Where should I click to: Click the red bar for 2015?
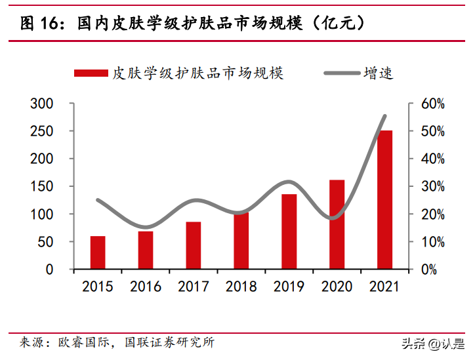pos(98,252)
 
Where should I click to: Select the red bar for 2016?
pos(146,250)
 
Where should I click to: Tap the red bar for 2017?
pos(194,245)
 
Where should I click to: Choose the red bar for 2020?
pos(337,224)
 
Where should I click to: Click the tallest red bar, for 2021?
pos(384,200)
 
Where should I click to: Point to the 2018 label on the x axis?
pos(241,287)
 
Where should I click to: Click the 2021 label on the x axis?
pos(384,287)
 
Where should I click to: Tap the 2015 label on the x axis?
pos(98,287)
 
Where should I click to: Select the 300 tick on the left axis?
pos(41,104)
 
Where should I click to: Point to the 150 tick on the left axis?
pos(41,186)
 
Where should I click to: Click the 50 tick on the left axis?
pos(45,242)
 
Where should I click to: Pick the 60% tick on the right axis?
pos(433,104)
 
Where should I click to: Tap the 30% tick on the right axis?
pos(433,186)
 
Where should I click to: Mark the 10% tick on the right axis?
pos(433,242)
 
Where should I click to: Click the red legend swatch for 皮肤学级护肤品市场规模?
pos(91,73)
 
